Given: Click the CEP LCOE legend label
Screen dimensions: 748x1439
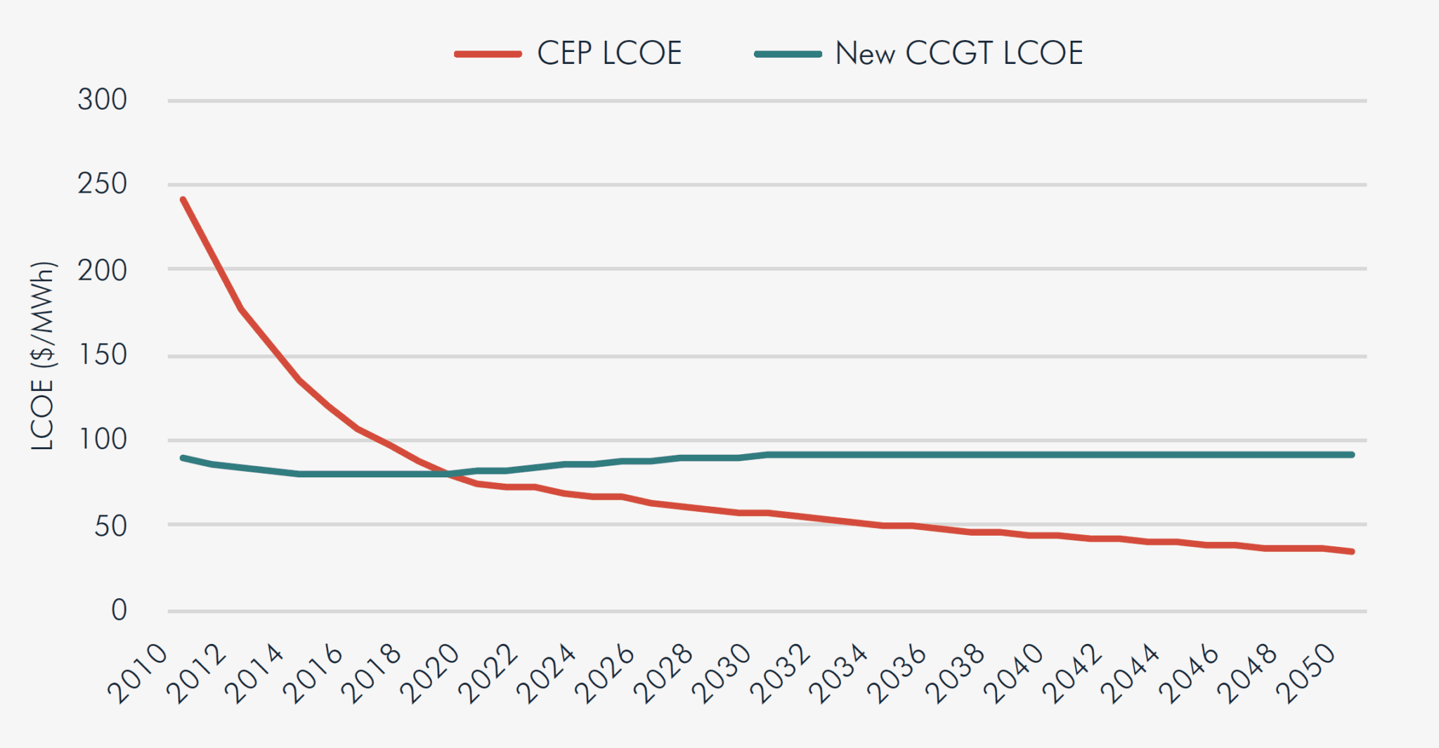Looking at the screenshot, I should (x=609, y=53).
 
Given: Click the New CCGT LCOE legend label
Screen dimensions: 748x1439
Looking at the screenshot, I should (x=958, y=53).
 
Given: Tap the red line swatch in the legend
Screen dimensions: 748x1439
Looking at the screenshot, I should (x=488, y=54).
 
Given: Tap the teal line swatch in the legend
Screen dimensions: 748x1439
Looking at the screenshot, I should (x=788, y=54).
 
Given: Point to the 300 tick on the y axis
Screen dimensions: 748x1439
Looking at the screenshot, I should (x=103, y=100).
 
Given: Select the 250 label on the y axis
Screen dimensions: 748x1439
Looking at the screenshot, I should (x=103, y=184).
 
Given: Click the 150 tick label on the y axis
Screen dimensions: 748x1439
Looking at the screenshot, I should (x=103, y=355).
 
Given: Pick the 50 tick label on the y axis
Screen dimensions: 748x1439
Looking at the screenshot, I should (x=111, y=526).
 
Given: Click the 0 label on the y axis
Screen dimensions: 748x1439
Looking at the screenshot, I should (x=119, y=610).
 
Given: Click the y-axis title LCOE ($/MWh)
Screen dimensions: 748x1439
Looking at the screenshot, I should (x=42, y=355).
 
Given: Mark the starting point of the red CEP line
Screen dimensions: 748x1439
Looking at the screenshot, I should (x=183, y=200).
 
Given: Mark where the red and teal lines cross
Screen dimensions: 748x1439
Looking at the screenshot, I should (x=450, y=475).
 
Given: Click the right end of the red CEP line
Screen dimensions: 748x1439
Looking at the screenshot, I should (x=1352, y=552).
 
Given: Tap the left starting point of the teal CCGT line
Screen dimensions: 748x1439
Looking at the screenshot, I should (x=183, y=458).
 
